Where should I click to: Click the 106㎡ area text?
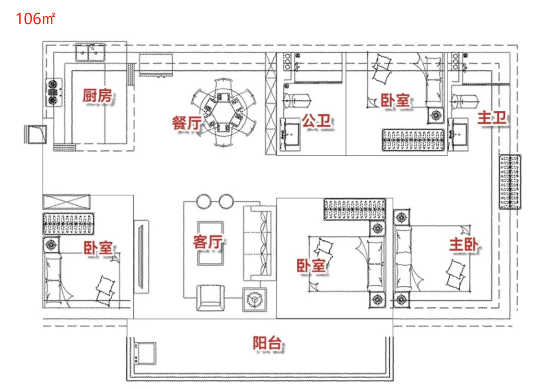click(x=35, y=18)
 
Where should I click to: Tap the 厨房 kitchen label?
click(x=97, y=96)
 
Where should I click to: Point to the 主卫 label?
click(x=492, y=119)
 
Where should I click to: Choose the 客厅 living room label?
click(x=208, y=242)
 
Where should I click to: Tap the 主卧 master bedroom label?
click(x=465, y=246)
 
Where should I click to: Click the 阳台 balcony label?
click(x=268, y=343)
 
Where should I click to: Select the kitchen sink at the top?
click(x=91, y=54)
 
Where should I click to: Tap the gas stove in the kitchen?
click(x=54, y=92)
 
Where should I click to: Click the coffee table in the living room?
click(x=210, y=243)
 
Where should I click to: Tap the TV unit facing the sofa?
click(x=140, y=256)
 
